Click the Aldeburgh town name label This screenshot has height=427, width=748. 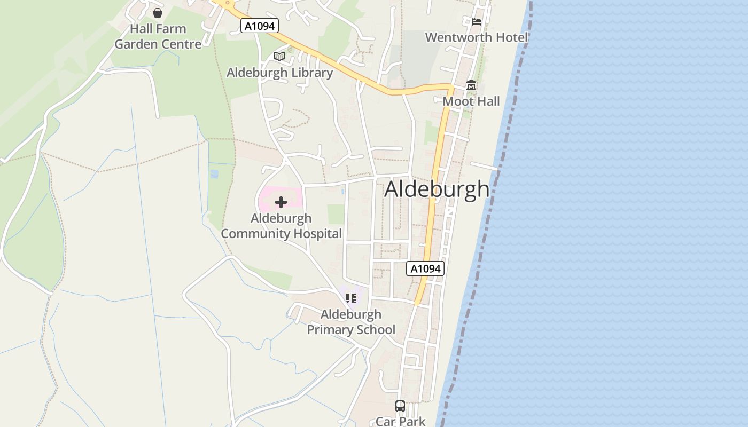click(437, 189)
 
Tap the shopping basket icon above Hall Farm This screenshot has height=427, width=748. click(158, 12)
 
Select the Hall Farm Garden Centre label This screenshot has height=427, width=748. click(158, 36)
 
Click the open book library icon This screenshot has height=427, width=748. click(279, 56)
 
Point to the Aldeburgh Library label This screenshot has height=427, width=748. click(279, 73)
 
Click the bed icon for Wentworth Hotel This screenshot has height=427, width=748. click(477, 22)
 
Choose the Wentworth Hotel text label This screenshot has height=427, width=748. click(476, 37)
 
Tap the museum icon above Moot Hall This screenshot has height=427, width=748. click(471, 85)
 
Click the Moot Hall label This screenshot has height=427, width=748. click(471, 101)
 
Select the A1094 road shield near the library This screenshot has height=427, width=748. click(260, 26)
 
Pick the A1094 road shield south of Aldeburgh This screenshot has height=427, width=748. click(426, 268)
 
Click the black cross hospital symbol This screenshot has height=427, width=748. click(280, 202)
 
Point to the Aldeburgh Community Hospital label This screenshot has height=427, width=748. click(281, 226)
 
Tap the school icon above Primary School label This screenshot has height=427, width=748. click(350, 298)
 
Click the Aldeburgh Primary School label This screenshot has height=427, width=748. click(351, 322)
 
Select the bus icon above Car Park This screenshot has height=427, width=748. click(400, 406)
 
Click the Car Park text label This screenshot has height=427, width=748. click(400, 421)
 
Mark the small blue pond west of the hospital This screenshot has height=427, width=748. click(214, 174)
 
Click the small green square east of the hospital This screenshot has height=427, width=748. click(336, 214)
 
